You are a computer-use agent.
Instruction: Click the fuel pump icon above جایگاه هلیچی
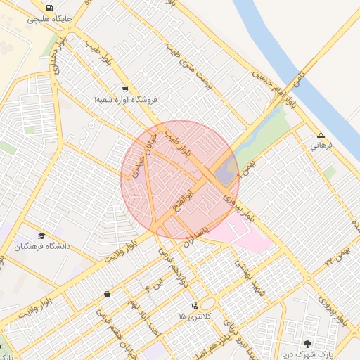pyautogui.click(x=48, y=8)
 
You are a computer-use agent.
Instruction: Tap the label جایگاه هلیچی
pyautogui.click(x=48, y=19)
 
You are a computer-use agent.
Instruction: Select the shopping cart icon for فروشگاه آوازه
pyautogui.click(x=125, y=89)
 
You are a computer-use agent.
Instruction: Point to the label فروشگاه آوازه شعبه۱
pyautogui.click(x=125, y=100)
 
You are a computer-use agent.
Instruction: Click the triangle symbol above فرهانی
pyautogui.click(x=321, y=135)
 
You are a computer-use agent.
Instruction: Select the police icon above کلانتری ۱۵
pyautogui.click(x=195, y=306)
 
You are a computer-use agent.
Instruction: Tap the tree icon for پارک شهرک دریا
pyautogui.click(x=307, y=344)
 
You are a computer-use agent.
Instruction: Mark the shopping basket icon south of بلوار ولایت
pyautogui.click(x=106, y=294)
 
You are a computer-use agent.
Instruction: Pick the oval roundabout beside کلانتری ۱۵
pyautogui.click(x=209, y=304)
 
